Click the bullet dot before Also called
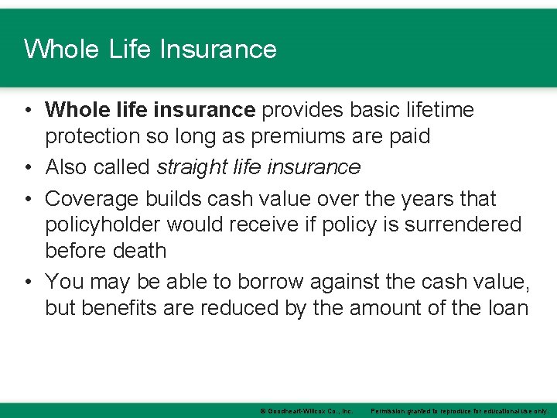[27, 167]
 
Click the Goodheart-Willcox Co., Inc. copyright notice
[306, 411]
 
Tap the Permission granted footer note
[460, 411]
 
